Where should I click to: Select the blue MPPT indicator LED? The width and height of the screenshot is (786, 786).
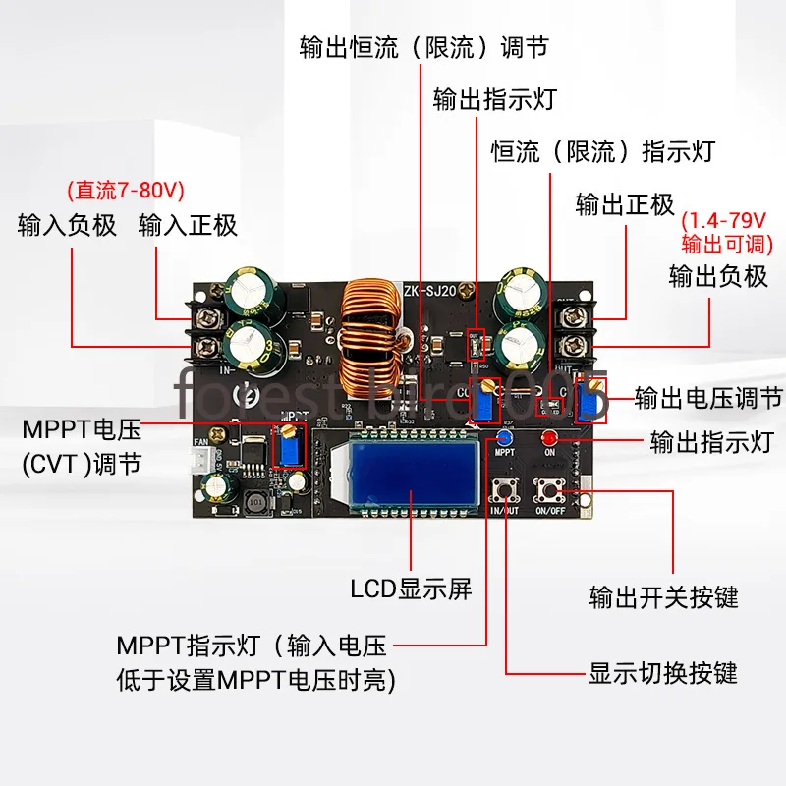505,437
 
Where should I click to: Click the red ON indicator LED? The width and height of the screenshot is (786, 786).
550,437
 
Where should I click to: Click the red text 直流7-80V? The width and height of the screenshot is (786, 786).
125,189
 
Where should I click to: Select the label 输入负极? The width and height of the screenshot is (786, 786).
68,225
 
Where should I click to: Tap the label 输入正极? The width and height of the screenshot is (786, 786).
189,225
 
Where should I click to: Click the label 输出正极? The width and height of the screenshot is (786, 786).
625,203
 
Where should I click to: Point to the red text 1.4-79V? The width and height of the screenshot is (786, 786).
728,219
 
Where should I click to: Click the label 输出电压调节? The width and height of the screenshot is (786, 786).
708,398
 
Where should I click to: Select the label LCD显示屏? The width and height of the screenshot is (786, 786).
412,589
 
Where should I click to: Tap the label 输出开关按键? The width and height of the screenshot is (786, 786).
663,596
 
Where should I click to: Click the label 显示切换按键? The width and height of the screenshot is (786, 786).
662,674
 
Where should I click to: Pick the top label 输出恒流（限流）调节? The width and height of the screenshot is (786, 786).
423,48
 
